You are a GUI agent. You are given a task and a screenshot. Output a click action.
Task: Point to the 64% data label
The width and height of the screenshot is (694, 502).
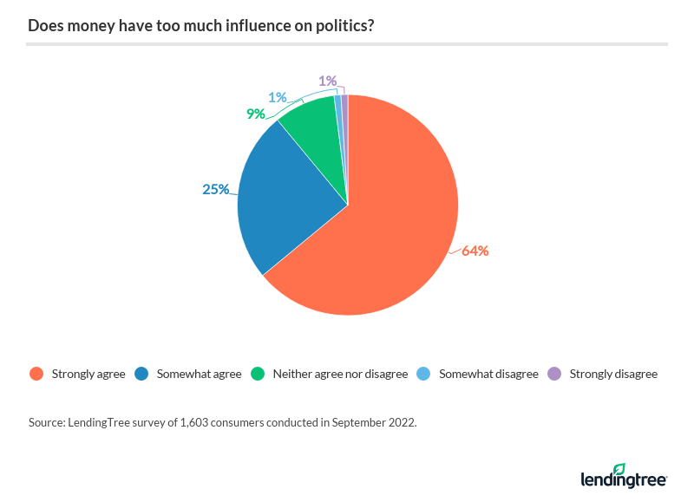(475, 251)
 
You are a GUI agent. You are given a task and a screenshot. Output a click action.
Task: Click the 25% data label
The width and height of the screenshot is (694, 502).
(215, 188)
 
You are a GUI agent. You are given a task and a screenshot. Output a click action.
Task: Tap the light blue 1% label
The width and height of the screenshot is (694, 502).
(277, 97)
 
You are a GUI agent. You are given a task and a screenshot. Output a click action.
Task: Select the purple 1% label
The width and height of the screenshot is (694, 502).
(327, 81)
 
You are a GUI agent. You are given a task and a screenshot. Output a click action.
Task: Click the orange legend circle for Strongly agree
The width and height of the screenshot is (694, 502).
(36, 375)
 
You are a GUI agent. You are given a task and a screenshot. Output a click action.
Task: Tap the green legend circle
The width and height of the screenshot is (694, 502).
(257, 375)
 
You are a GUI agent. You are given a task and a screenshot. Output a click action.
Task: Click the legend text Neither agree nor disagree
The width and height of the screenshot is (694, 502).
(339, 375)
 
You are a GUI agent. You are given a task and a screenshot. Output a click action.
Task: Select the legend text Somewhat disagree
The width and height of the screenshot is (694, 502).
(488, 375)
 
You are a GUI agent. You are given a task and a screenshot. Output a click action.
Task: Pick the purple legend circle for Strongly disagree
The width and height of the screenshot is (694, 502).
(554, 375)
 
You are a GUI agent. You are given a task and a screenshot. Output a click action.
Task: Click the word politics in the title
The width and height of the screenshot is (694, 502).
(340, 26)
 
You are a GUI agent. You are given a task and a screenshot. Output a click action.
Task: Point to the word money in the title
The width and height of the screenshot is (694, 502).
(86, 26)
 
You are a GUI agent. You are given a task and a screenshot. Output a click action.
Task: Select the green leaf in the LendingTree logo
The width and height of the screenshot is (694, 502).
(619, 469)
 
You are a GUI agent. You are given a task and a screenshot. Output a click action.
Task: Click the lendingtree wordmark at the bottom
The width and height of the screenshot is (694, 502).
(623, 479)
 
